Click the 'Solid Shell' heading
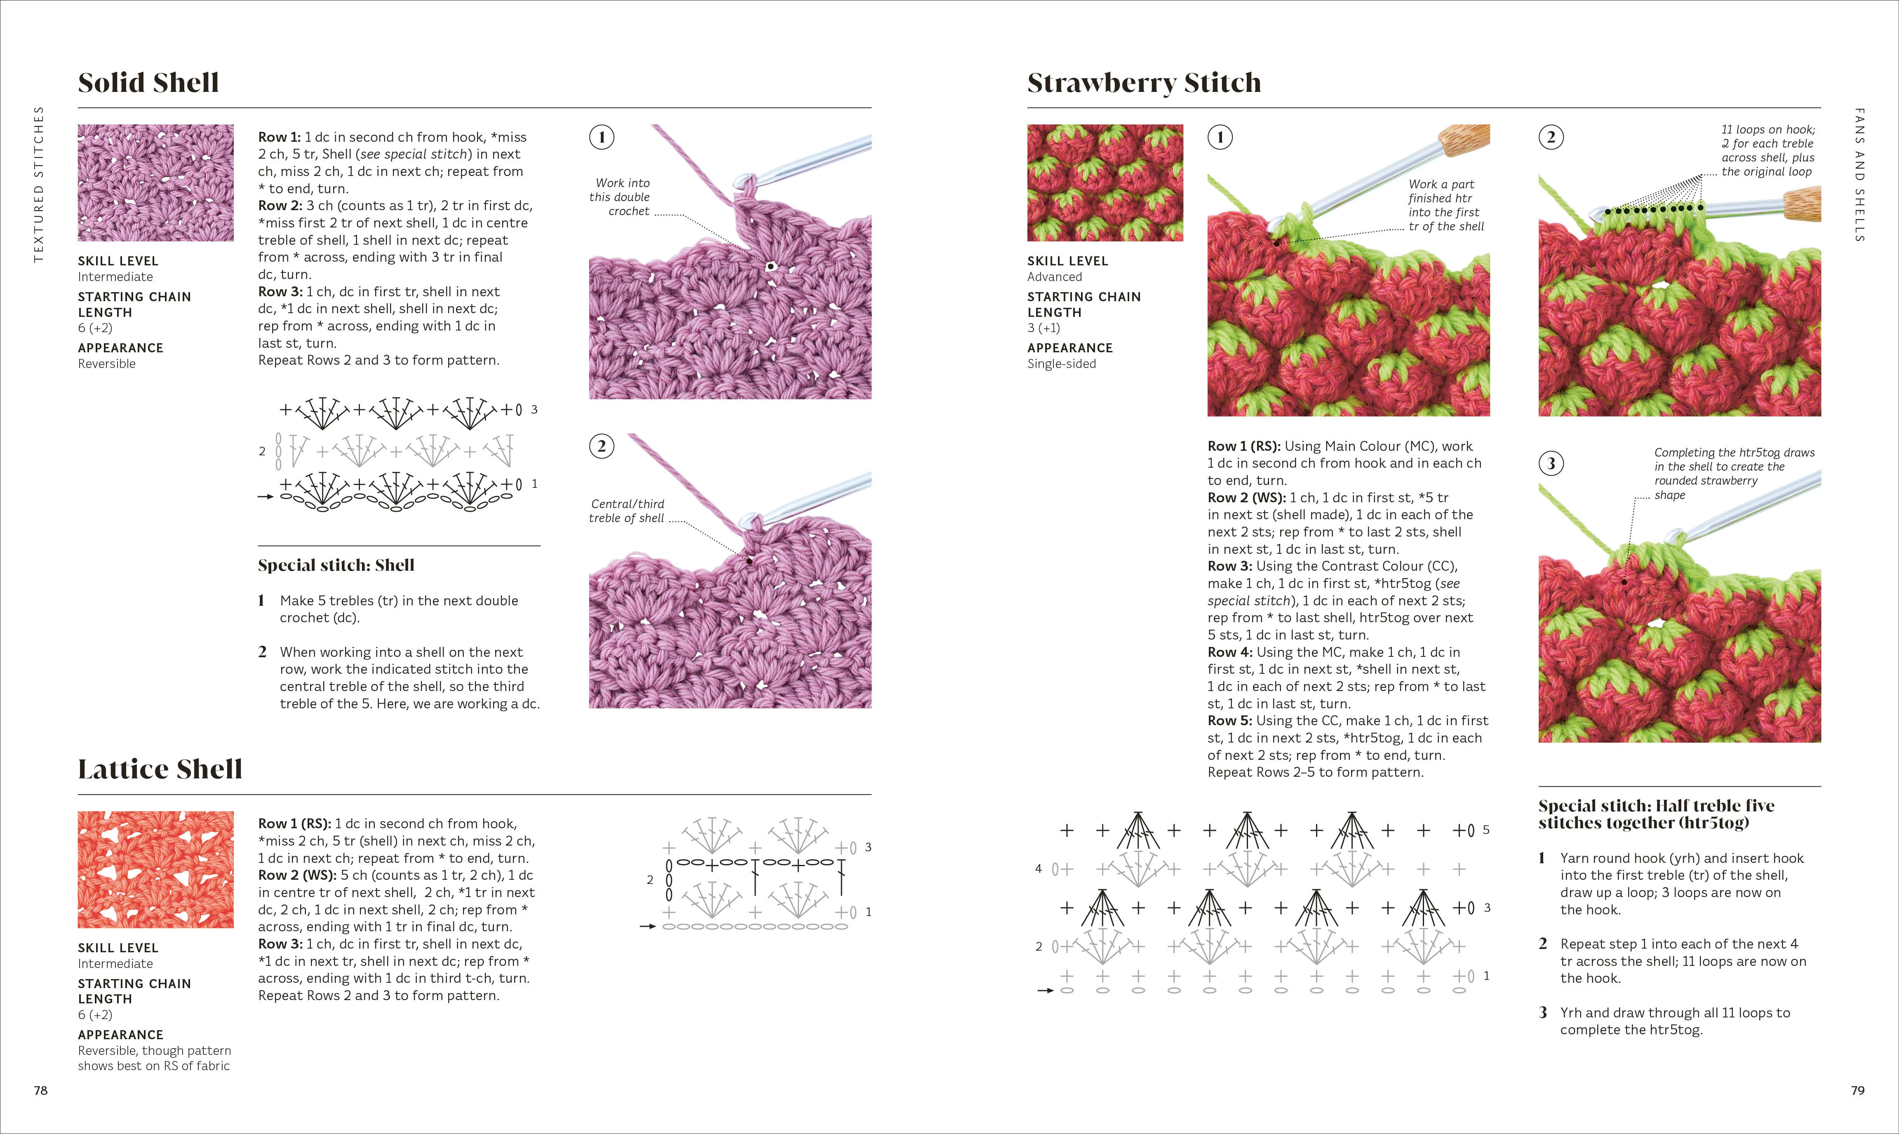pos(148,82)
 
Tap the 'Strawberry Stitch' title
pos(1144,82)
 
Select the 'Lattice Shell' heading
pos(160,769)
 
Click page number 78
pos(40,1090)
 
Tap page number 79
pos(1858,1090)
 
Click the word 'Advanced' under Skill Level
pos(1054,276)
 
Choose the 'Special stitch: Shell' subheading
pos(336,565)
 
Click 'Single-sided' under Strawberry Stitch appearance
pos(1061,364)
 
